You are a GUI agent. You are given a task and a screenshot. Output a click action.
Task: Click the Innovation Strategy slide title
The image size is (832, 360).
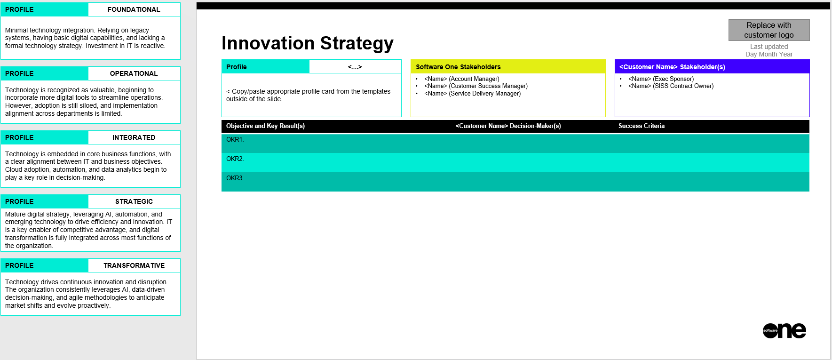308,43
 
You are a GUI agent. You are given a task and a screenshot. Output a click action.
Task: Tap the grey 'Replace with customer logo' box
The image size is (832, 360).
769,30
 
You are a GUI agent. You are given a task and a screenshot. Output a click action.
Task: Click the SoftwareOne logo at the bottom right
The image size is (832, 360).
784,331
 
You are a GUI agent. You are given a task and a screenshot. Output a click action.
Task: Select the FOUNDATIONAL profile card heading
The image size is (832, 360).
134,9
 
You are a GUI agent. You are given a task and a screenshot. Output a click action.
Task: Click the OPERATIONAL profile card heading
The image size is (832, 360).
134,73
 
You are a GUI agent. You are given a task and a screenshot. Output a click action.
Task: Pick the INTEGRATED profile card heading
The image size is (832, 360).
134,137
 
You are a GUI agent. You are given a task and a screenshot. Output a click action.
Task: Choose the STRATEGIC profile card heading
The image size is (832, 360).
134,201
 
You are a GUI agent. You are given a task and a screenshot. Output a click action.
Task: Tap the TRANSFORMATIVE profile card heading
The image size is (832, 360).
134,265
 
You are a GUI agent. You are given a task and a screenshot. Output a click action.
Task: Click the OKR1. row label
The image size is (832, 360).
235,139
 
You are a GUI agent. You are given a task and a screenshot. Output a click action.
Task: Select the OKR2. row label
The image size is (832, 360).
235,159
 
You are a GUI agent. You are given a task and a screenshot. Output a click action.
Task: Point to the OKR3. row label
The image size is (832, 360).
235,178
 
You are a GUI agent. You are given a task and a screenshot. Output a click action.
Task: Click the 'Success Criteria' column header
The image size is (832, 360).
642,126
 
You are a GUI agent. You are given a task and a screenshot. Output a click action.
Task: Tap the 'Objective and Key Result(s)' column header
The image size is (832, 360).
265,126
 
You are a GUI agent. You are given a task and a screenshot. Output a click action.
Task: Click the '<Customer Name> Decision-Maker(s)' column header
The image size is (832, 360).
508,126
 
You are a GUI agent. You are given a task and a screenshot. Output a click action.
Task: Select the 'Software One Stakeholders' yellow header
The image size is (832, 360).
458,67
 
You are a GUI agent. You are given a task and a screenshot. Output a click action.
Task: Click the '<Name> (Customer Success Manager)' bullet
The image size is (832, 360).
476,86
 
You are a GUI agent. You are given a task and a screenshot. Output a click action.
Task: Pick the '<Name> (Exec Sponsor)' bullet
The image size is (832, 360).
661,79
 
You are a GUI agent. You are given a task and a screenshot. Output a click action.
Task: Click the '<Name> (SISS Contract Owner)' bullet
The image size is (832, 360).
671,86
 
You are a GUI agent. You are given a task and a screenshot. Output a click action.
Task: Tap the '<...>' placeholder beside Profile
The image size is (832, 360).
355,67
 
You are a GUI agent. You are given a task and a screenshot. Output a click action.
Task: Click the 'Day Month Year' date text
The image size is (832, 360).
769,54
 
